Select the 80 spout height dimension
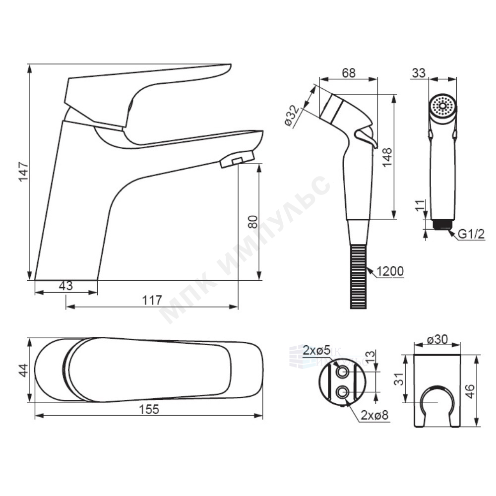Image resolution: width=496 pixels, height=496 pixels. click(x=253, y=221)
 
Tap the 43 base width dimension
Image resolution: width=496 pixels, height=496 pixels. click(x=66, y=286)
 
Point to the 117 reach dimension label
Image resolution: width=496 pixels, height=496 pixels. click(x=152, y=300)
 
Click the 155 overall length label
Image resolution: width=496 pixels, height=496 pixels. click(x=149, y=409)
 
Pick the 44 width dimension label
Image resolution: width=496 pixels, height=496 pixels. click(x=23, y=371)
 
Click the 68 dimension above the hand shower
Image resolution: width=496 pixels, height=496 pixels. click(x=349, y=73)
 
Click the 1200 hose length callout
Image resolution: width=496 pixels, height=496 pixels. click(x=390, y=271)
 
